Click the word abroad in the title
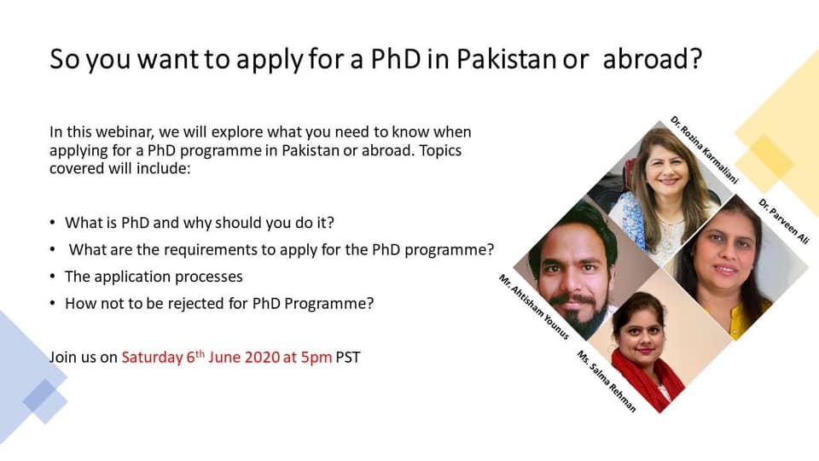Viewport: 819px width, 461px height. pos(653,59)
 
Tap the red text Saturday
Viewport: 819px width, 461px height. pos(152,358)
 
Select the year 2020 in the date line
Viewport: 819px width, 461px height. pos(262,358)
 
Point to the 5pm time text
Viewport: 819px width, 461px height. pos(316,358)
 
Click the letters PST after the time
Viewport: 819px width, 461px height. pos(348,358)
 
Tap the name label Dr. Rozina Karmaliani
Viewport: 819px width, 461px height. pos(705,149)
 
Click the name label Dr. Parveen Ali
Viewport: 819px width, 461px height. pos(783,221)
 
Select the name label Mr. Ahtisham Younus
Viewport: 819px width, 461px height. pos(534,306)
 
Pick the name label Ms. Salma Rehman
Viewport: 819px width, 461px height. pos(607,381)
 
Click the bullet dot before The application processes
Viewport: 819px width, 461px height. pos(52,276)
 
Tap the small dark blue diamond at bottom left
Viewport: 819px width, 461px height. pos(38,394)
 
